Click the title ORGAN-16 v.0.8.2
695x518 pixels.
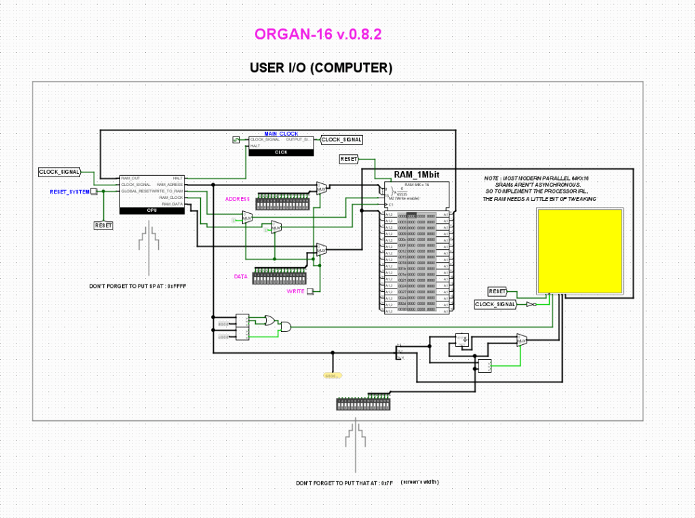(318, 35)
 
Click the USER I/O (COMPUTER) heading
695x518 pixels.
(321, 67)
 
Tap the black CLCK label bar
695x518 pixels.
(280, 152)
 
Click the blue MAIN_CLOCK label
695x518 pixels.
(281, 134)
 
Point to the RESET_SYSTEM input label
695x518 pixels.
(70, 192)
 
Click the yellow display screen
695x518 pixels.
(580, 250)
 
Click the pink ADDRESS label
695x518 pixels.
(238, 198)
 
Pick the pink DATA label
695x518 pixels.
(241, 277)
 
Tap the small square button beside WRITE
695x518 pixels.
(310, 291)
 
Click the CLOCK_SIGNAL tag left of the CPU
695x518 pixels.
(60, 172)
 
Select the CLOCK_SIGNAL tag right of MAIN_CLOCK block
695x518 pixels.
(341, 140)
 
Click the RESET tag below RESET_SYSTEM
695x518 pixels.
(104, 225)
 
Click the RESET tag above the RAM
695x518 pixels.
(349, 159)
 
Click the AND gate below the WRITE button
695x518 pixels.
(286, 327)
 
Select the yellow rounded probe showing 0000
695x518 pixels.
(331, 375)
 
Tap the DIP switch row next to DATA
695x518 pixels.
(278, 278)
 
